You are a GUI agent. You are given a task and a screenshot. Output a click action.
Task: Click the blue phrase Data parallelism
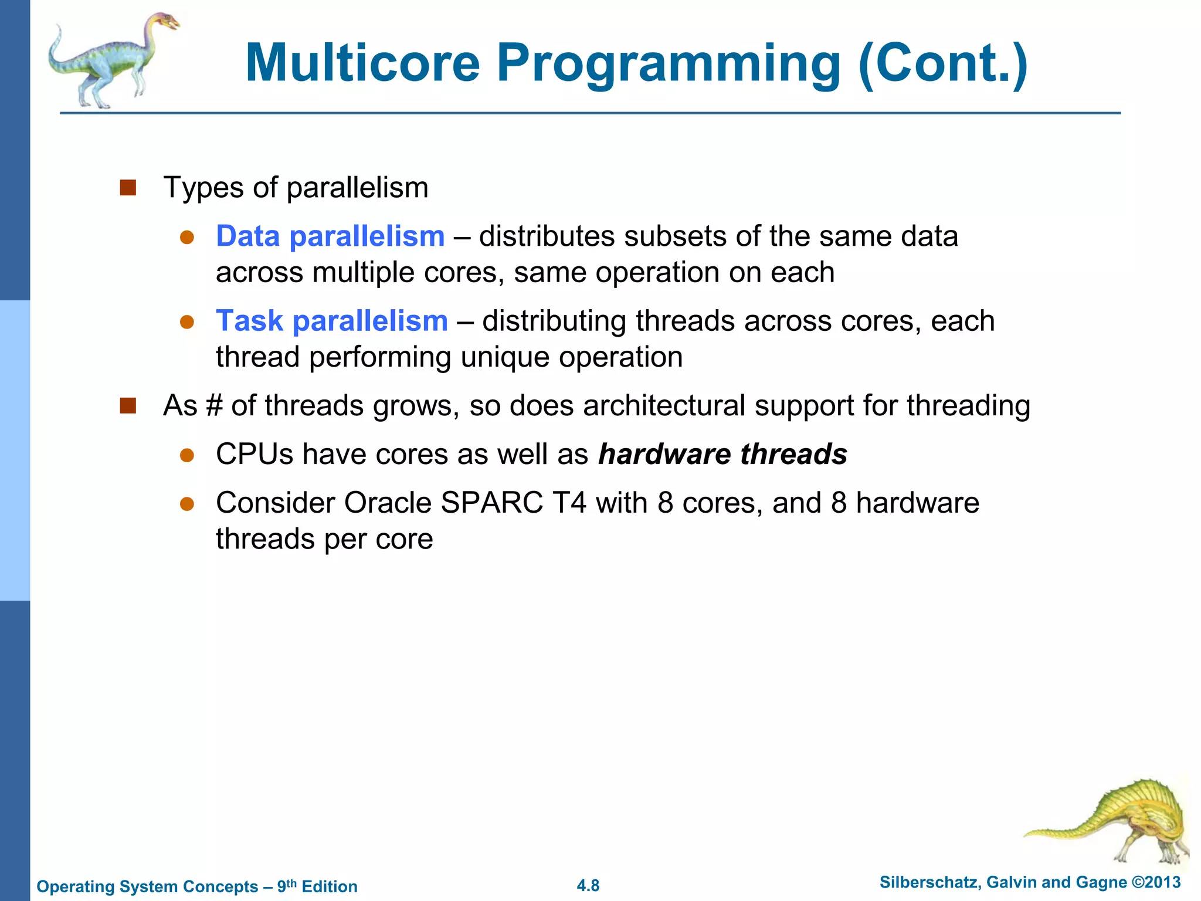(x=330, y=236)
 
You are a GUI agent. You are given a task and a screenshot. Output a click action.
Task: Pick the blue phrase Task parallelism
(x=331, y=321)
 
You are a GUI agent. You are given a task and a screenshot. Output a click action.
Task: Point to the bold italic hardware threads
(x=722, y=455)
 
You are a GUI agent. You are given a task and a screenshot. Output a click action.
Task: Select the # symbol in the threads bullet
(x=214, y=406)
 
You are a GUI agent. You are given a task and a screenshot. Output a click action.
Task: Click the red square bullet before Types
(x=128, y=188)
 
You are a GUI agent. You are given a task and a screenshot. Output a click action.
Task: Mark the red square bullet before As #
(x=128, y=406)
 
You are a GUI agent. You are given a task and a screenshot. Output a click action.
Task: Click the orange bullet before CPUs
(x=187, y=455)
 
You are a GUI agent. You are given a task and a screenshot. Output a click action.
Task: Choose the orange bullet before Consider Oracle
(x=187, y=503)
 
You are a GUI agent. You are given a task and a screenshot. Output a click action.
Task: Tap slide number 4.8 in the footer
(x=588, y=886)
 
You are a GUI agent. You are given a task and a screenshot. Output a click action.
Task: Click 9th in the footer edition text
(x=287, y=886)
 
